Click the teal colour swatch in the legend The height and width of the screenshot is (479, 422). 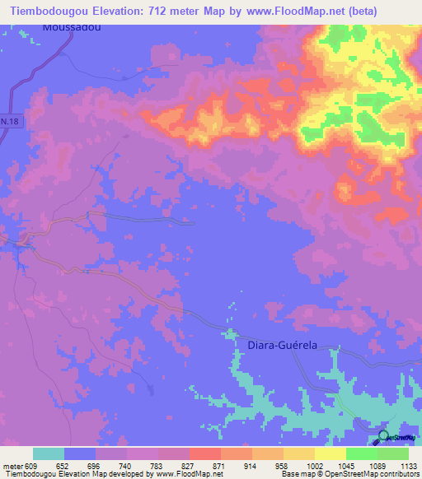48,453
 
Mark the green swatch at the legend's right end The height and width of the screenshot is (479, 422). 392,453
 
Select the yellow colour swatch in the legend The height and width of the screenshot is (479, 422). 330,453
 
